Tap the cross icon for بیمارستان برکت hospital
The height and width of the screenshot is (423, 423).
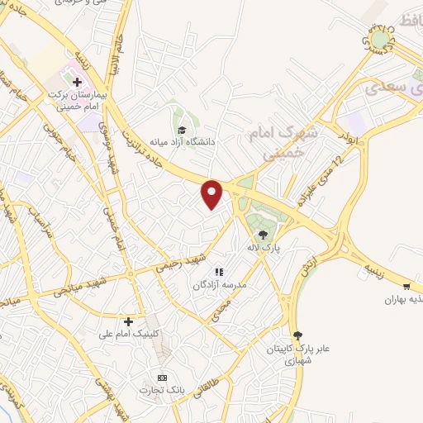click(77, 83)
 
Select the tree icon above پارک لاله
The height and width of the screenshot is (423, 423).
click(264, 235)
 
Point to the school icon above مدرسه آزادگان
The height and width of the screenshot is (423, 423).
click(219, 272)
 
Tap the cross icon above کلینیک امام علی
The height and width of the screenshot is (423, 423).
click(128, 321)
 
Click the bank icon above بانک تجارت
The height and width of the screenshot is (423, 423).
click(162, 377)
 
